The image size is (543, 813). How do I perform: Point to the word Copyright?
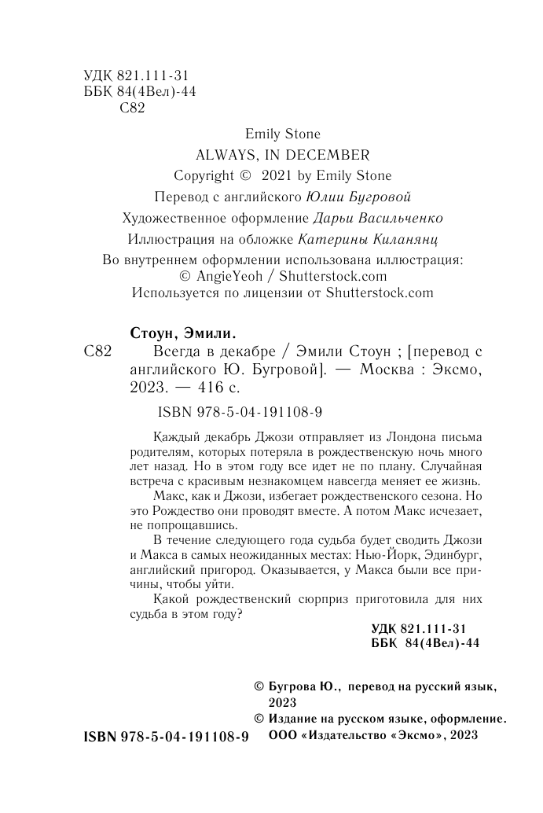click(x=204, y=175)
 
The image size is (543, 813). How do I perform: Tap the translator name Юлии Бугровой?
click(x=365, y=197)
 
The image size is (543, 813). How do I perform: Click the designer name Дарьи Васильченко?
click(x=378, y=218)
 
